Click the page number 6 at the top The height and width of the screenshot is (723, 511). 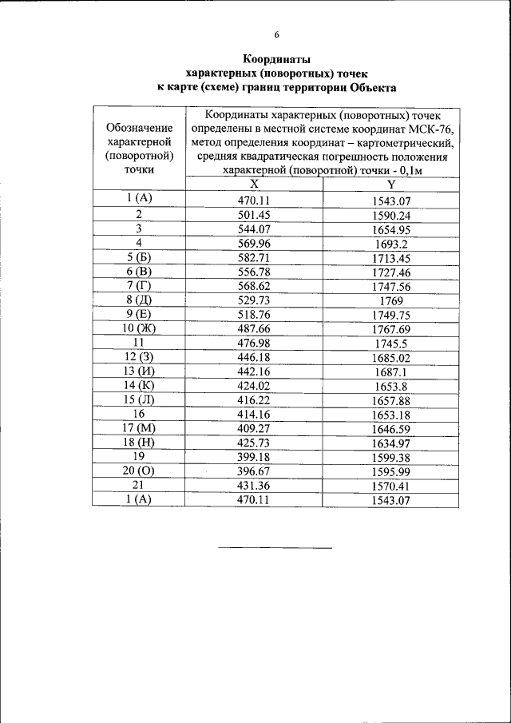[277, 34]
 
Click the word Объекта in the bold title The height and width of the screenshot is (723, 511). [367, 87]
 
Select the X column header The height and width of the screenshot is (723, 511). [254, 184]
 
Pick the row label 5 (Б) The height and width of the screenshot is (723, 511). [139, 257]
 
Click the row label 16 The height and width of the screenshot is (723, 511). [139, 413]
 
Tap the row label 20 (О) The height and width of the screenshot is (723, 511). [139, 471]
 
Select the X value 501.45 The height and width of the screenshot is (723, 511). [254, 215]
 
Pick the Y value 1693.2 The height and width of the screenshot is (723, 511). [391, 244]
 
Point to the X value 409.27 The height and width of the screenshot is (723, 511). [254, 428]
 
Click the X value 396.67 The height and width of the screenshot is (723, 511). [254, 471]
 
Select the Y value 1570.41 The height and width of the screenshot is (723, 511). [391, 486]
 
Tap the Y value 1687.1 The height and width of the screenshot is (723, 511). [391, 371]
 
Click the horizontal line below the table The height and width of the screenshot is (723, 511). [275, 548]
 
